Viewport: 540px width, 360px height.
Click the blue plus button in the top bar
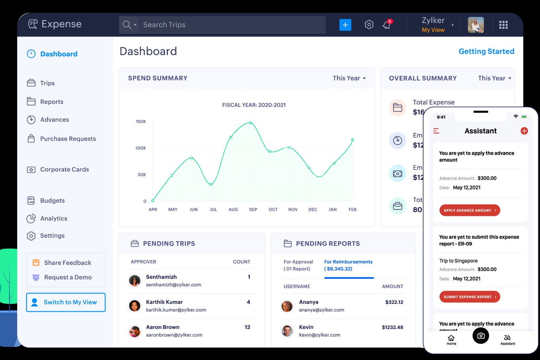pyautogui.click(x=345, y=25)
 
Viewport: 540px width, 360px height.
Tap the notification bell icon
pyautogui.click(x=386, y=25)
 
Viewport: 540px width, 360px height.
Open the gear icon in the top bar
pyautogui.click(x=369, y=25)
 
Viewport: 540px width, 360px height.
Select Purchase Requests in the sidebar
pyautogui.click(x=68, y=139)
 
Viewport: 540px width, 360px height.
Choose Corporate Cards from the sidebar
pyautogui.click(x=65, y=169)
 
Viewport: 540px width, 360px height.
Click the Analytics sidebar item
pyautogui.click(x=54, y=218)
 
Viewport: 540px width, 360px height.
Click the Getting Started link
pyautogui.click(x=486, y=51)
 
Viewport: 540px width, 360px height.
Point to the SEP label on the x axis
pyautogui.click(x=253, y=210)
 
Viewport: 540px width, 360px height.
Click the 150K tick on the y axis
pyautogui.click(x=141, y=121)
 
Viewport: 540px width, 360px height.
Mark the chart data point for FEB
pyautogui.click(x=352, y=140)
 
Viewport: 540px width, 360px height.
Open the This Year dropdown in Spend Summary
pyautogui.click(x=349, y=78)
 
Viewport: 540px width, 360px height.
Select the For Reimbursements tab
pyautogui.click(x=348, y=265)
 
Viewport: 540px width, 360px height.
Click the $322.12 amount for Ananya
pyautogui.click(x=394, y=302)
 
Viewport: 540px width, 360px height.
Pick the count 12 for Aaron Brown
pyautogui.click(x=247, y=327)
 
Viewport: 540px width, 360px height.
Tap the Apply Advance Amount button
pyautogui.click(x=469, y=210)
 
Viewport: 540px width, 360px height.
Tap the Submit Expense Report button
pyautogui.click(x=469, y=297)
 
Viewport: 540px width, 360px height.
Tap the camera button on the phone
pyautogui.click(x=481, y=336)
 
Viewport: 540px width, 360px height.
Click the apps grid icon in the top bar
pyautogui.click(x=503, y=25)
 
